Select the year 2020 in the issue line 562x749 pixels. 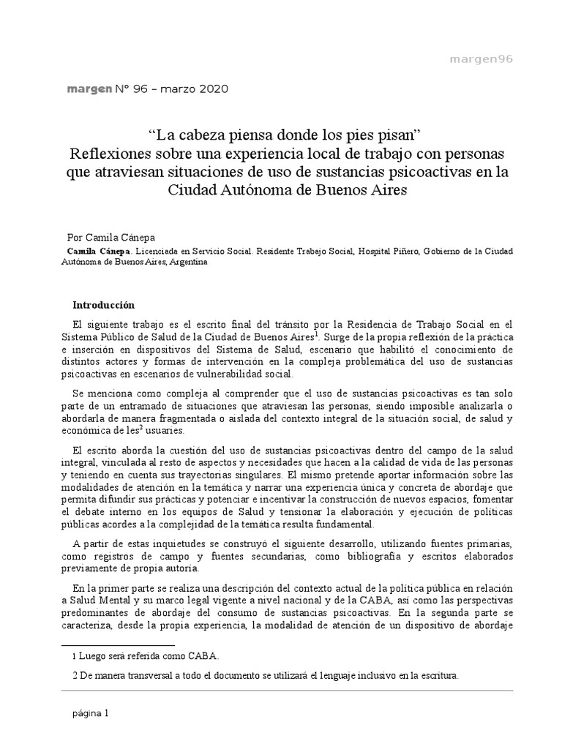tap(212, 89)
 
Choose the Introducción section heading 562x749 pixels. tap(104, 305)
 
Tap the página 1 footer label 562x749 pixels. tap(90, 713)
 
